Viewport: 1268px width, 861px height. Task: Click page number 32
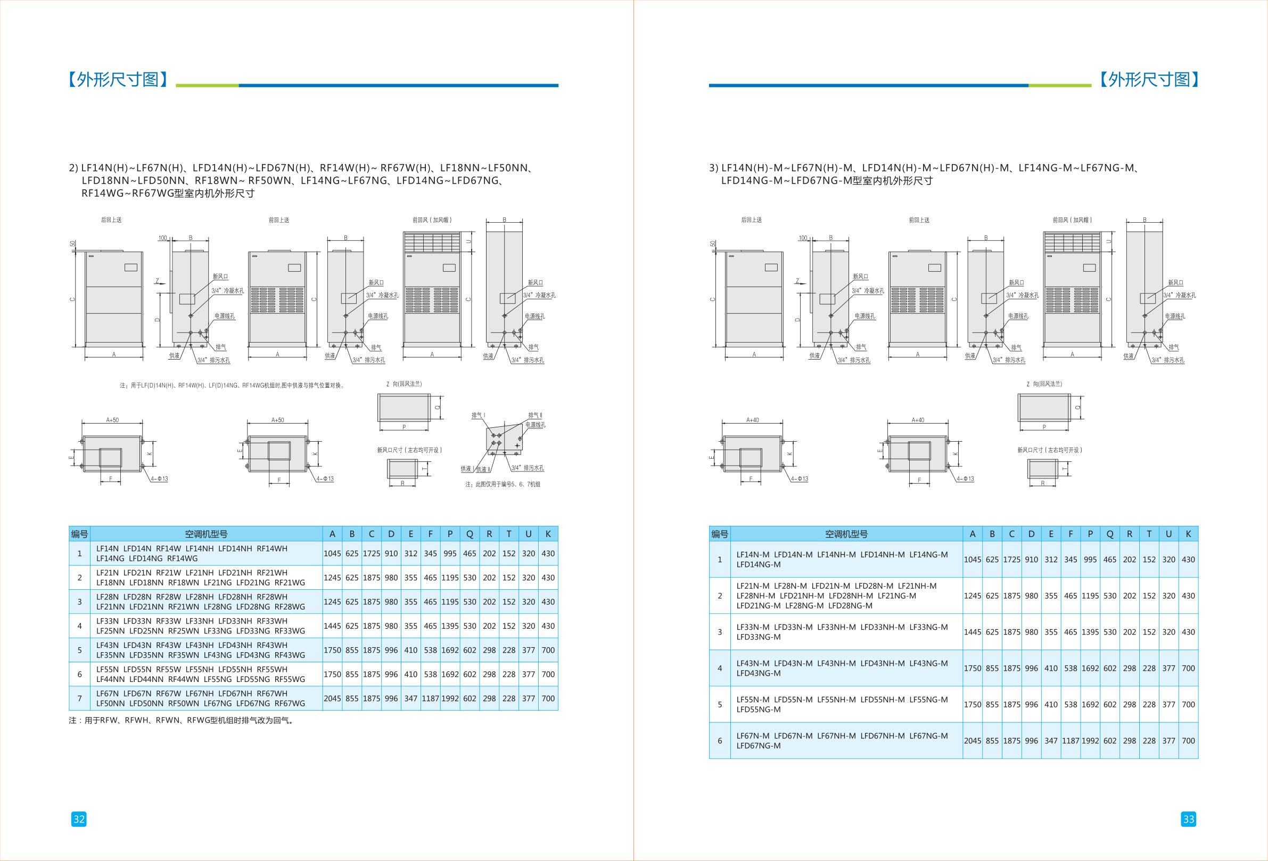click(79, 819)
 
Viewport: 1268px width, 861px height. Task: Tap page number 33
click(1188, 819)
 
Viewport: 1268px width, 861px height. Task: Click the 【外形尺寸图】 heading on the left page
click(118, 80)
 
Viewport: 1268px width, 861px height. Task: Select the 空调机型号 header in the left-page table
click(206, 534)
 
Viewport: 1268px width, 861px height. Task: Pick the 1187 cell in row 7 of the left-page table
click(431, 698)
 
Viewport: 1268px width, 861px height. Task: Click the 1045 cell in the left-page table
click(332, 553)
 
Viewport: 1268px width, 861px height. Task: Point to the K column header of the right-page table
click(1188, 534)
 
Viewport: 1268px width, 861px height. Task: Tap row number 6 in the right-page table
click(720, 741)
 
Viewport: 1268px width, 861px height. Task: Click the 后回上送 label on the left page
click(111, 220)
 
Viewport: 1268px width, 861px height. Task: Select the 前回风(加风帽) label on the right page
click(1072, 220)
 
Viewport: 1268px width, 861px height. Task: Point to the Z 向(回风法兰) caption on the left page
click(404, 384)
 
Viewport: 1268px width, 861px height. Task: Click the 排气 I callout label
click(478, 415)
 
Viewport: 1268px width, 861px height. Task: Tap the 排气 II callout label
click(535, 415)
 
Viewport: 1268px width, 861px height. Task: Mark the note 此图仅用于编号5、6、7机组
click(503, 484)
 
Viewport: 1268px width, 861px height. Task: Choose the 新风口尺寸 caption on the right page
click(1050, 450)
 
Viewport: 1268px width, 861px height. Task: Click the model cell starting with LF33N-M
click(842, 632)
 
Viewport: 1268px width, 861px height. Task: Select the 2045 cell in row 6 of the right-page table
click(972, 741)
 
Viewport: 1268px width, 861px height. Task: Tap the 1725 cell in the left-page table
click(372, 553)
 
